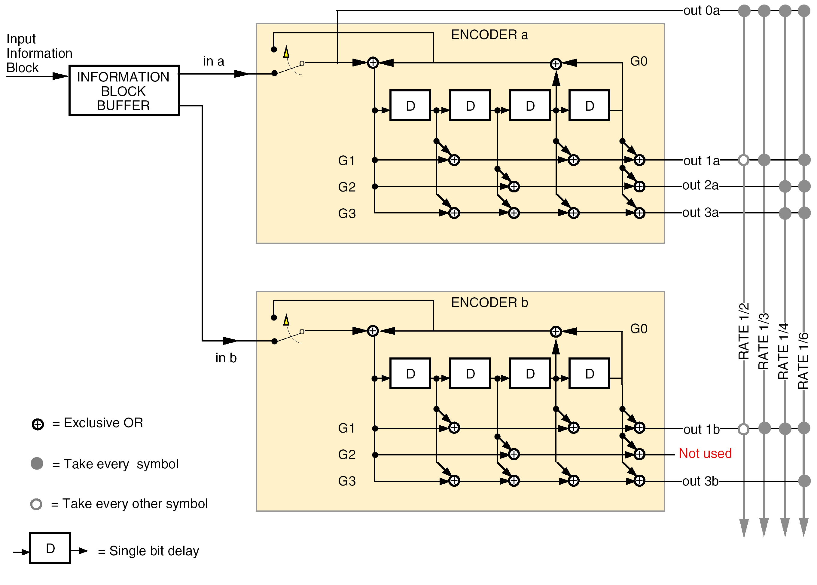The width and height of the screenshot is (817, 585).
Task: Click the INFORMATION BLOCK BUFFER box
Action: tap(123, 90)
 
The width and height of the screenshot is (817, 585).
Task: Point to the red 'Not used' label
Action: tap(705, 453)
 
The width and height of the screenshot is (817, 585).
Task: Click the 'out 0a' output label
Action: tap(701, 11)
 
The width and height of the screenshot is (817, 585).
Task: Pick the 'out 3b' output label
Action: tap(700, 481)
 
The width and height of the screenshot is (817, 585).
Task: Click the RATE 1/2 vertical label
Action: tap(743, 331)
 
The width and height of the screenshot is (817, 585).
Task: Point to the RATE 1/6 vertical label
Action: tap(803, 361)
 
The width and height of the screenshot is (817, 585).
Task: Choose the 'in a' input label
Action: tap(214, 61)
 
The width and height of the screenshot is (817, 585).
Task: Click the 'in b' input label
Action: tap(226, 358)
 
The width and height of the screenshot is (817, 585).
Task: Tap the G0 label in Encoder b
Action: tap(639, 329)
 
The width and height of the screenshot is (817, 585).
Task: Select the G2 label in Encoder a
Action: tap(346, 187)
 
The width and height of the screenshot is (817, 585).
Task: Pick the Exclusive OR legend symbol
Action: tap(38, 424)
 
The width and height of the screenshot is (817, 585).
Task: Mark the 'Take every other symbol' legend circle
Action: tap(36, 504)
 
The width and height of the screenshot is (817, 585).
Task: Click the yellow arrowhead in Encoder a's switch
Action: tap(286, 52)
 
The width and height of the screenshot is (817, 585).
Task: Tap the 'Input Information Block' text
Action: tap(39, 53)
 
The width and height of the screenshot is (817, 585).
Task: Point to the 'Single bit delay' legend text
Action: tap(154, 551)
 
